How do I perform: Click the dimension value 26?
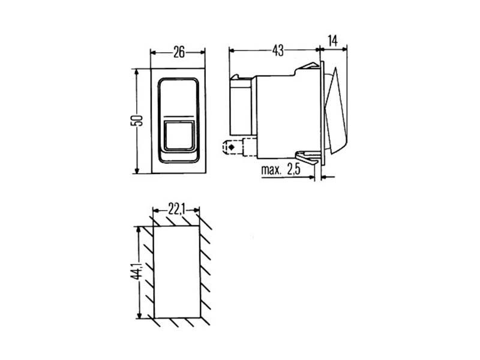[179, 52]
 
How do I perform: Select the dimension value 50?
[137, 121]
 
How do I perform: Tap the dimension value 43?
[278, 50]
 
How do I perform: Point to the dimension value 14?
[332, 41]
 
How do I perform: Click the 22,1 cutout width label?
[176, 209]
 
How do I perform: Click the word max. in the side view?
[271, 170]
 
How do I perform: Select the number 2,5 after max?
[293, 169]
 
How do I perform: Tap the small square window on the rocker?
[179, 136]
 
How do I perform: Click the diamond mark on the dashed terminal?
[232, 147]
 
